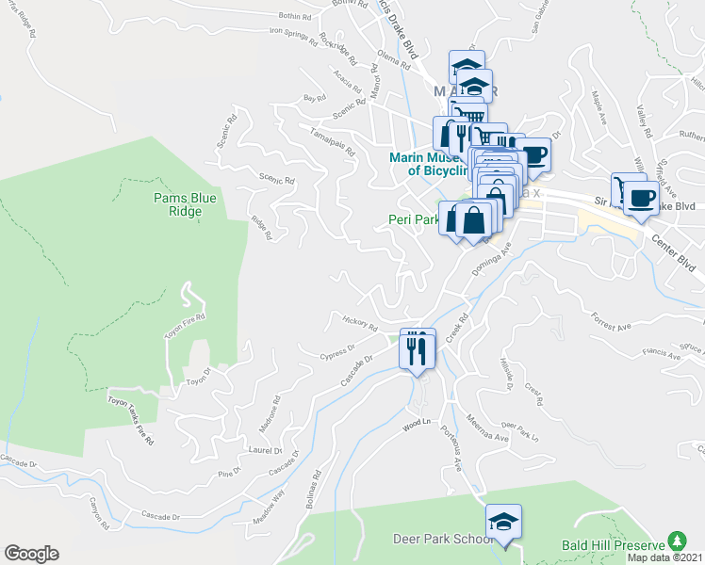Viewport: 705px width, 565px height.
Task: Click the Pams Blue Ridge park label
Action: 186,204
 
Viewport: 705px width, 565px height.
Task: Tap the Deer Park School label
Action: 443,540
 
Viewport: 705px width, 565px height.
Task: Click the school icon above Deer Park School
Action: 503,522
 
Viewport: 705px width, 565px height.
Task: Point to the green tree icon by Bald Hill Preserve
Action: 675,541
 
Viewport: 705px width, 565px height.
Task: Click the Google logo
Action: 31,554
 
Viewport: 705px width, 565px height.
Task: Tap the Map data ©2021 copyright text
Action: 665,557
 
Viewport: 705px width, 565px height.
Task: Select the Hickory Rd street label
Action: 360,324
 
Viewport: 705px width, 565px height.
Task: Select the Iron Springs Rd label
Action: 294,32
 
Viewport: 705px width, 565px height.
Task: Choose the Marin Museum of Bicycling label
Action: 428,165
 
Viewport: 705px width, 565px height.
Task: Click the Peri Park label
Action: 412,220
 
